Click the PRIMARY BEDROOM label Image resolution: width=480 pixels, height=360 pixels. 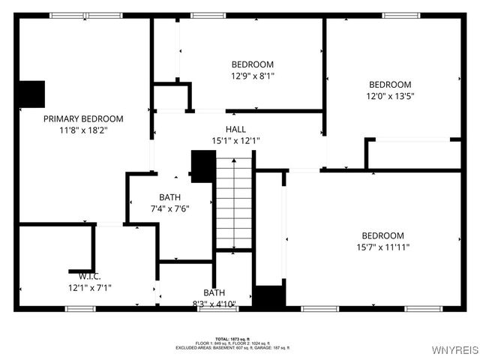83,118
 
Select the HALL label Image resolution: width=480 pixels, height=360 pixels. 235,129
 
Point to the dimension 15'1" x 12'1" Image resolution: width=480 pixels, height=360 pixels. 235,140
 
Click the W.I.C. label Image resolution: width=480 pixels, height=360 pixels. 79,275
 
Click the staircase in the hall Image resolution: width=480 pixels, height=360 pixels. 235,202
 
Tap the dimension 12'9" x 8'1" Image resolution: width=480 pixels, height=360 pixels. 252,76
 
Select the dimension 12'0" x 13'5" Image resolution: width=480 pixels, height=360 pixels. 390,96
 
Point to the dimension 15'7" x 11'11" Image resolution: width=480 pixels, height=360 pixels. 382,247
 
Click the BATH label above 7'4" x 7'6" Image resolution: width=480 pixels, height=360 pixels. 169,197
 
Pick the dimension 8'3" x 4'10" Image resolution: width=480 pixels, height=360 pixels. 214,304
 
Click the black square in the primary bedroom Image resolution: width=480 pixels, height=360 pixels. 31,94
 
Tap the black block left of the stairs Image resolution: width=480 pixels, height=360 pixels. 203,166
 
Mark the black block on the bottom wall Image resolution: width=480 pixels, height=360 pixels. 268,296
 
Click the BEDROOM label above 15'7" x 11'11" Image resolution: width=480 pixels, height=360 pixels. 382,235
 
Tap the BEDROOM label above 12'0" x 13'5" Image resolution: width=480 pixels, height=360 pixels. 390,85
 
